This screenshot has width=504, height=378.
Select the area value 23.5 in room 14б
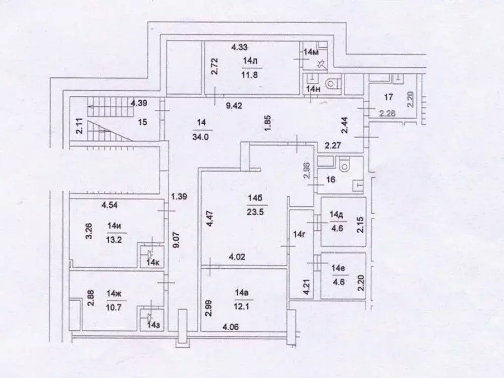pyautogui.click(x=254, y=211)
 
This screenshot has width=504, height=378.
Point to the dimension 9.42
pyautogui.click(x=233, y=106)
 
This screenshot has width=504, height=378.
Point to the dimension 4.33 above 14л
pyautogui.click(x=239, y=48)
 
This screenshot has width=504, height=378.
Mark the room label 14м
pyautogui.click(x=311, y=52)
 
